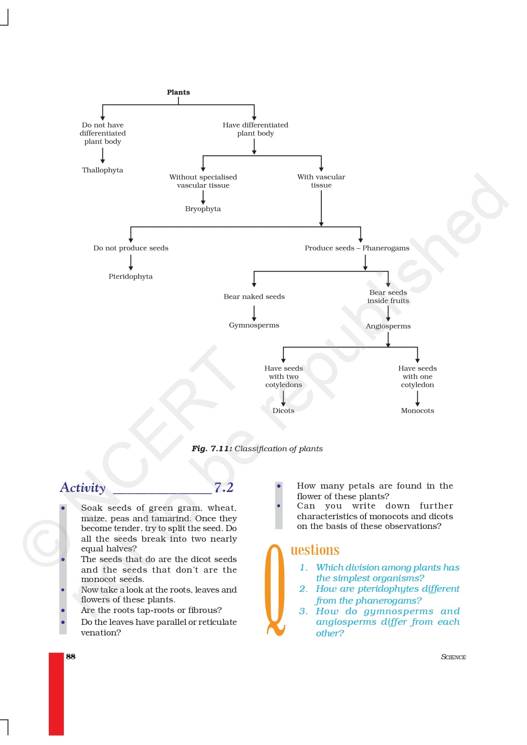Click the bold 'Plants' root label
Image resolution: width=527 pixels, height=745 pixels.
tap(178, 93)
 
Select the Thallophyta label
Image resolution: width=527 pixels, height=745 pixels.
tap(102, 170)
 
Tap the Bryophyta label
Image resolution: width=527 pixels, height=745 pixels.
tap(203, 209)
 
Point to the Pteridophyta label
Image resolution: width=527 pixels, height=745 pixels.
tap(130, 276)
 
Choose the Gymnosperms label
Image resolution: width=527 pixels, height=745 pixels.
tap(254, 325)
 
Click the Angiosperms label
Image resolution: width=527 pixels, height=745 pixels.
tap(388, 326)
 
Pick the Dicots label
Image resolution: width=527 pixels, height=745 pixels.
tap(283, 410)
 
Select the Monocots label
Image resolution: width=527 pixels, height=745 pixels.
tap(417, 410)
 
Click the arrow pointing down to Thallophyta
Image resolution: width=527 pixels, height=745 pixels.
tap(102, 155)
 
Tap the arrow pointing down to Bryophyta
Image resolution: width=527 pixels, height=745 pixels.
tap(203, 197)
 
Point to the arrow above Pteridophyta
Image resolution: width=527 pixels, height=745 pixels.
tap(131, 263)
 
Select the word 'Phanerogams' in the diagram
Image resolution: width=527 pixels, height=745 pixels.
tap(385, 248)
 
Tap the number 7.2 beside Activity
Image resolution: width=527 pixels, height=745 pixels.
tap(224, 487)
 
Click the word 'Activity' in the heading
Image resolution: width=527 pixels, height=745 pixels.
tap(83, 487)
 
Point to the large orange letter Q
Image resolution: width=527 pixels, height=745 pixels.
tap(275, 590)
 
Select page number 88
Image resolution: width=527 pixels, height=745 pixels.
tap(71, 656)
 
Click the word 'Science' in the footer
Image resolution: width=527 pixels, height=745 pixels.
tap(453, 657)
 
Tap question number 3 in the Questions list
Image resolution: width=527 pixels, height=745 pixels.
tap(303, 611)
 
